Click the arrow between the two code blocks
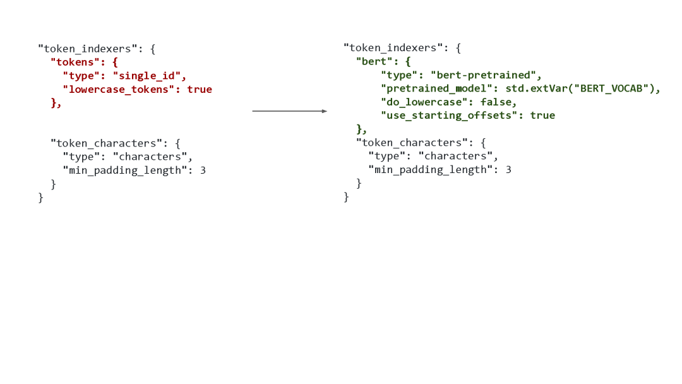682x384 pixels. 289,111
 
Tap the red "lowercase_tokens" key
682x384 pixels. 121,90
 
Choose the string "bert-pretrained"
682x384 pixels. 486,75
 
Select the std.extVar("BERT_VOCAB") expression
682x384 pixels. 582,88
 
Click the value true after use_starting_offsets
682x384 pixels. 542,115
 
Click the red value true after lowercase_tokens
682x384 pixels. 200,90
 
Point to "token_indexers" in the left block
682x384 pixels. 88,49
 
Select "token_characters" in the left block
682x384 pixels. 106,143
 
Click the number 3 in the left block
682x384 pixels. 203,171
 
